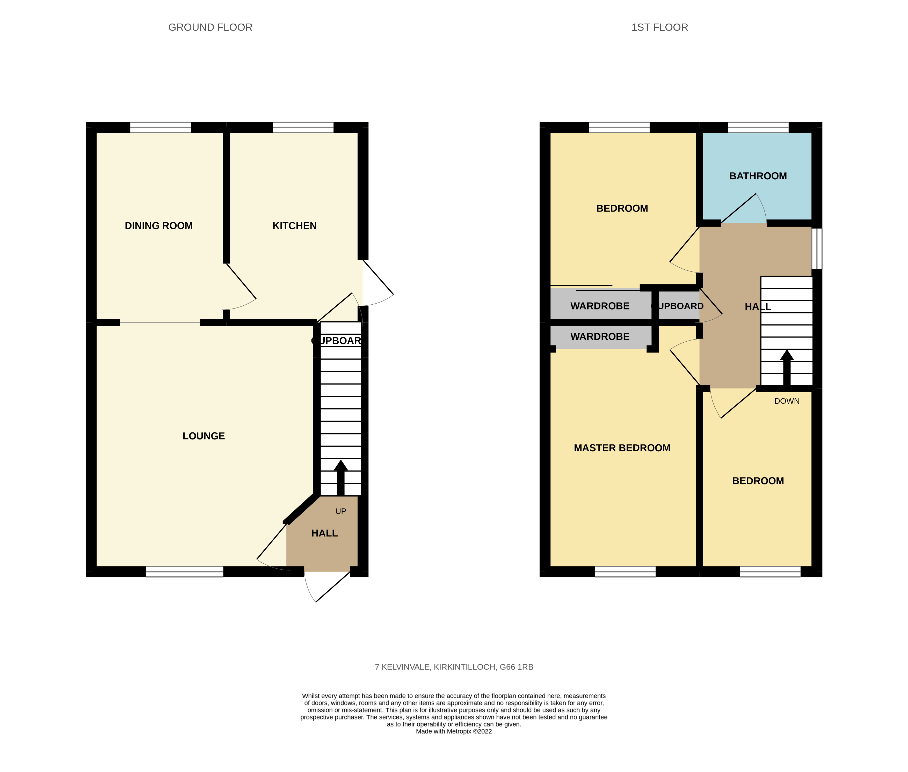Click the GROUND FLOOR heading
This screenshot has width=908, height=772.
coord(210,27)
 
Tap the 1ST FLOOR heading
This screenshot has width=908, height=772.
coord(659,27)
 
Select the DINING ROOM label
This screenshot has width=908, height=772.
coord(158,226)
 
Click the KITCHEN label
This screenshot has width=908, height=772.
coord(294,226)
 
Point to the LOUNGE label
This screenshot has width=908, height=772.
coord(204,436)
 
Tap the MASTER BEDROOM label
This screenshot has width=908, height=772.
coord(622,448)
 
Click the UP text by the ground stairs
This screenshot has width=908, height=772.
coord(341,511)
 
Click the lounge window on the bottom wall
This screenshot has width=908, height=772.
coord(184,572)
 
